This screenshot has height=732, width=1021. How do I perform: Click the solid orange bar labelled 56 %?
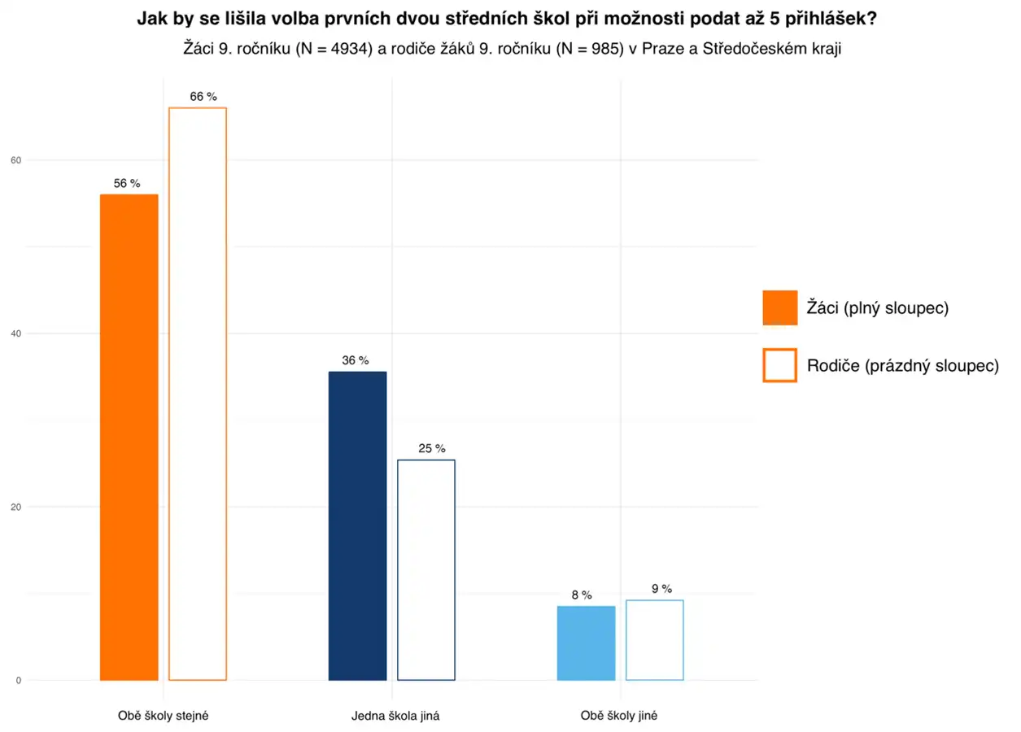coord(129,437)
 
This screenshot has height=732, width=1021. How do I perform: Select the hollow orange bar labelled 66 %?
coord(198,394)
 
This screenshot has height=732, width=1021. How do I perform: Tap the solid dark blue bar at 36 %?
coord(357,525)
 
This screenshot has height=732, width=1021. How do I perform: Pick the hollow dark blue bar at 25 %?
coord(426,569)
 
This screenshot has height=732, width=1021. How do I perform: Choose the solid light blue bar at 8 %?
coord(586,643)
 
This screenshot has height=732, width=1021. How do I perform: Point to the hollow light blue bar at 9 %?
coord(655,640)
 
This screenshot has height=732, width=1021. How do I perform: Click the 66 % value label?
coord(203,96)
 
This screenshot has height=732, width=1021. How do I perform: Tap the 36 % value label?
coord(355,360)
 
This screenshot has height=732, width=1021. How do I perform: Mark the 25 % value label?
coord(432,448)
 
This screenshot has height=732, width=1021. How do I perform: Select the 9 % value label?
coord(661,589)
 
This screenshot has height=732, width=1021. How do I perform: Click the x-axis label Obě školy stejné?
coord(164,717)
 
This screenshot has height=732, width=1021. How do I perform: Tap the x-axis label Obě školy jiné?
coord(619,717)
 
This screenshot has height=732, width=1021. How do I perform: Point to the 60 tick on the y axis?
coord(15,160)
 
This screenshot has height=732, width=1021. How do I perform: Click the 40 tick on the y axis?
coord(15,333)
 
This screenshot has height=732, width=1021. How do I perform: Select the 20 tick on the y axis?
coord(15,507)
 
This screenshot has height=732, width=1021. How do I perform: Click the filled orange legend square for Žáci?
coord(779,307)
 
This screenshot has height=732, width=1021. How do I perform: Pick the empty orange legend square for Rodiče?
coord(779,365)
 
